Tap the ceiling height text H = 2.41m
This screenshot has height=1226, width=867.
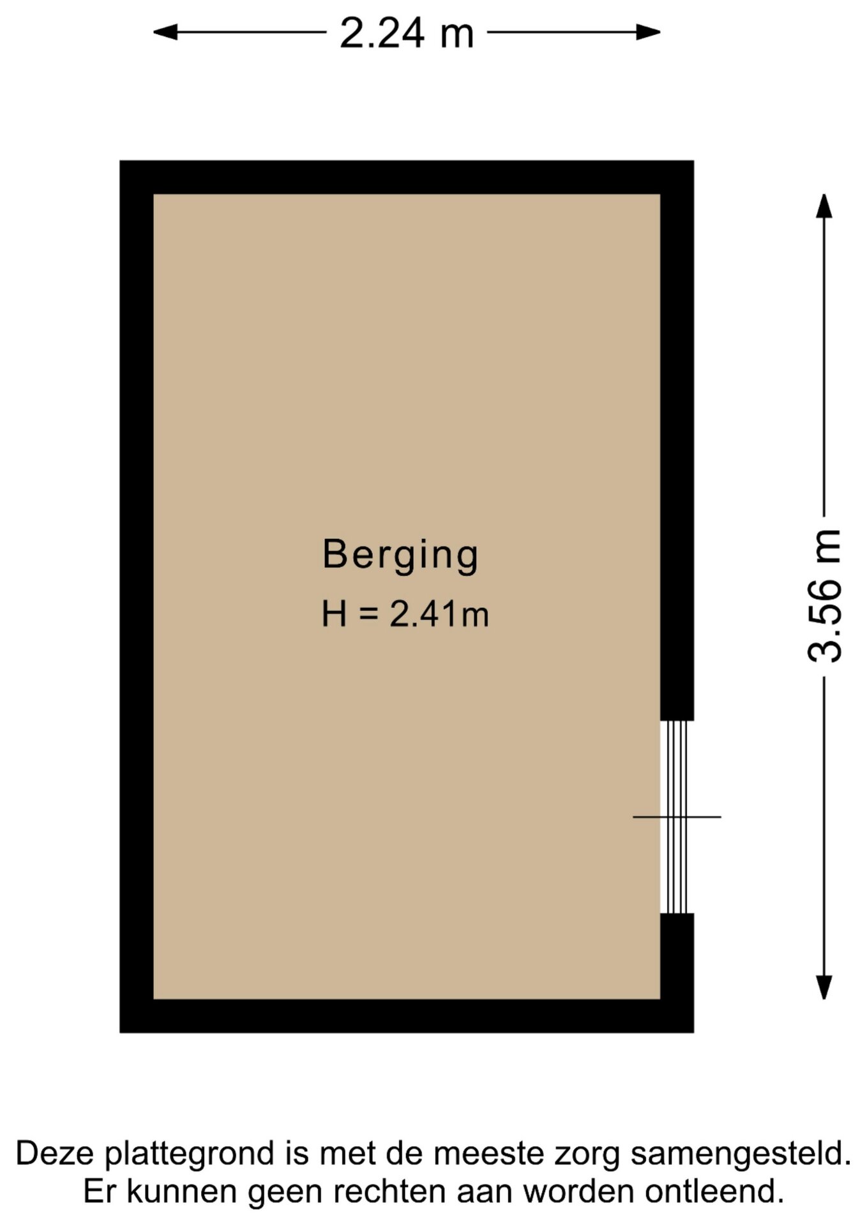(405, 614)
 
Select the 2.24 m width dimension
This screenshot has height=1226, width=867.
(407, 33)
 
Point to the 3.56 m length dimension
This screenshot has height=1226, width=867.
(824, 596)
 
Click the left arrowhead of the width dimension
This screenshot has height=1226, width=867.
(165, 32)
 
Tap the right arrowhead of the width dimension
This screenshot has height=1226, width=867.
(649, 32)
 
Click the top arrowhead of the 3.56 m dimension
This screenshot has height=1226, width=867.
(824, 206)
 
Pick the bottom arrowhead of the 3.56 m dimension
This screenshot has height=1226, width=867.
(824, 987)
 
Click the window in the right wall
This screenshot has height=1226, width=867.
(677, 817)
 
